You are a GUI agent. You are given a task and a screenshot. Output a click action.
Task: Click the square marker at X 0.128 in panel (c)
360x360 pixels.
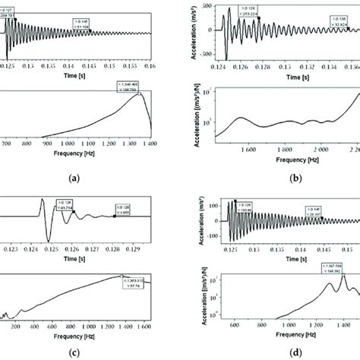tap(114, 216)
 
